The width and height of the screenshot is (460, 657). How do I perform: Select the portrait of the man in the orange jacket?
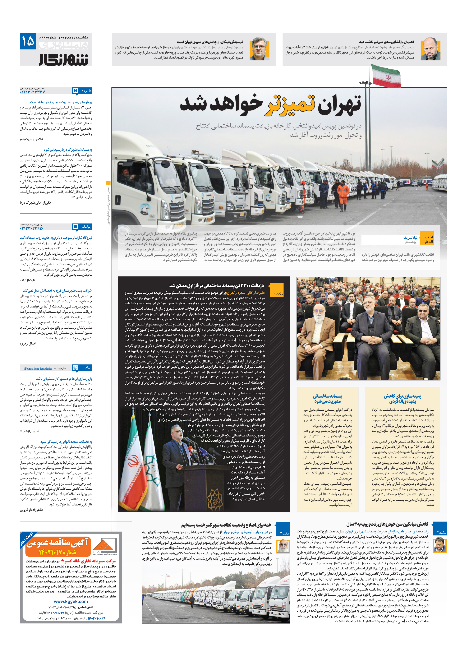pyautogui.click(x=259, y=49)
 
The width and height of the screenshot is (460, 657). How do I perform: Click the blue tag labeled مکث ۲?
pyautogui.click(x=440, y=532)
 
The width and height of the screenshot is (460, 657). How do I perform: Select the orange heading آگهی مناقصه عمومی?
pyautogui.click(x=58, y=542)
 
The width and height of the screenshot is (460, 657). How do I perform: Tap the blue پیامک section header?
pyautogui.click(x=82, y=227)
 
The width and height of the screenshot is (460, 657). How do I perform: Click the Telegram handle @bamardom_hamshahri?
pyautogui.click(x=38, y=369)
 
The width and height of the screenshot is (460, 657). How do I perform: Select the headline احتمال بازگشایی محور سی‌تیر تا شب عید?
pyautogui.click(x=386, y=42)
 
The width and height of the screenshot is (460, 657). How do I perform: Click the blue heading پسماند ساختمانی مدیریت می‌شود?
pyautogui.click(x=327, y=399)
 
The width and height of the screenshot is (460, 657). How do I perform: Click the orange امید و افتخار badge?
pyautogui.click(x=428, y=240)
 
